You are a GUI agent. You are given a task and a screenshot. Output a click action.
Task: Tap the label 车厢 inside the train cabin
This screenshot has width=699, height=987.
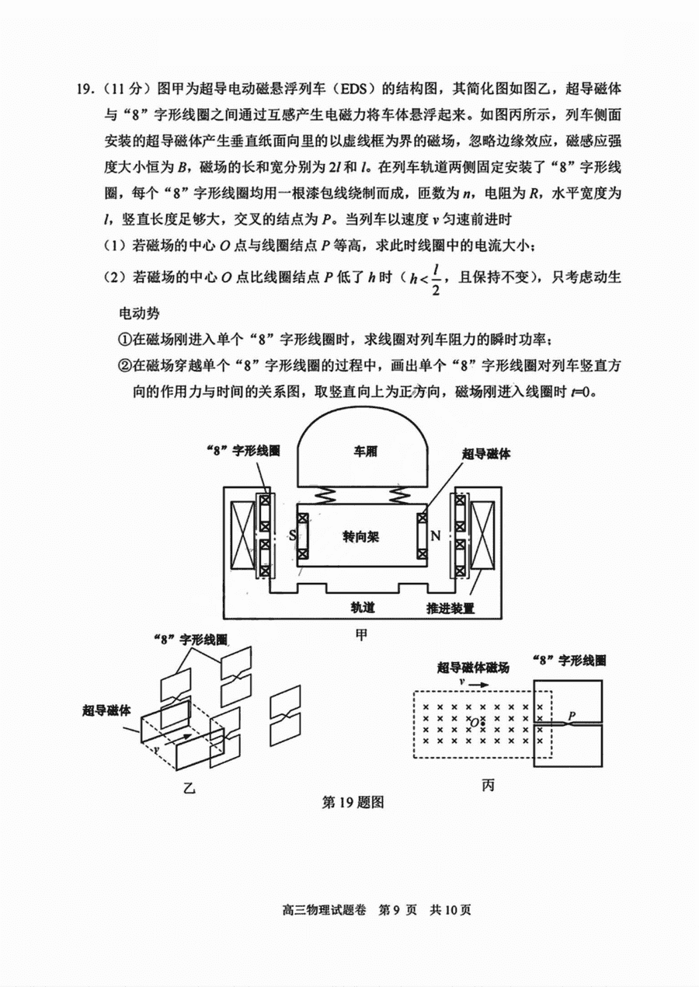366,452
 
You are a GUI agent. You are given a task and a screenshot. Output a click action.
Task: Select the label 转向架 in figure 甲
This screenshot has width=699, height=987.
360,537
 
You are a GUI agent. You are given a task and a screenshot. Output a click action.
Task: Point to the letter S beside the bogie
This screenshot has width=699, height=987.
293,535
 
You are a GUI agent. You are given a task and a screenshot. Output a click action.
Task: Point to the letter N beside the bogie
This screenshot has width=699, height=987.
435,535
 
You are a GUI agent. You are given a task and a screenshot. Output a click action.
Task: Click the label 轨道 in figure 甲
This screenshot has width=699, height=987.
363,608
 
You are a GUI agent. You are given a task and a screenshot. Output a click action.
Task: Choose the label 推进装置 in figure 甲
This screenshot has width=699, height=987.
450,608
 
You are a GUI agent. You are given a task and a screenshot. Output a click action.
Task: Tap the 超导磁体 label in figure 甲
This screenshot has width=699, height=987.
486,455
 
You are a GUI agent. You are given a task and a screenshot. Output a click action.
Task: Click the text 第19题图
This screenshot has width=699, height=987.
353,802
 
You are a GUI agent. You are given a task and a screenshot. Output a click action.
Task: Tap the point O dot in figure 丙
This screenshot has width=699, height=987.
484,723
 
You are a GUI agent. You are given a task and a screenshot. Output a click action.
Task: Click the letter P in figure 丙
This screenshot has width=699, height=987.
572,715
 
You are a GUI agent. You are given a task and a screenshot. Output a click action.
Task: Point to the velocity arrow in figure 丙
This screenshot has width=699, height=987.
478,685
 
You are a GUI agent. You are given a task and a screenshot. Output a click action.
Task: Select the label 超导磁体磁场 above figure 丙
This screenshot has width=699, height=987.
473,668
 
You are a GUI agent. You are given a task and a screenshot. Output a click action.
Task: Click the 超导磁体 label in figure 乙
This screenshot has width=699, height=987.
106,710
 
